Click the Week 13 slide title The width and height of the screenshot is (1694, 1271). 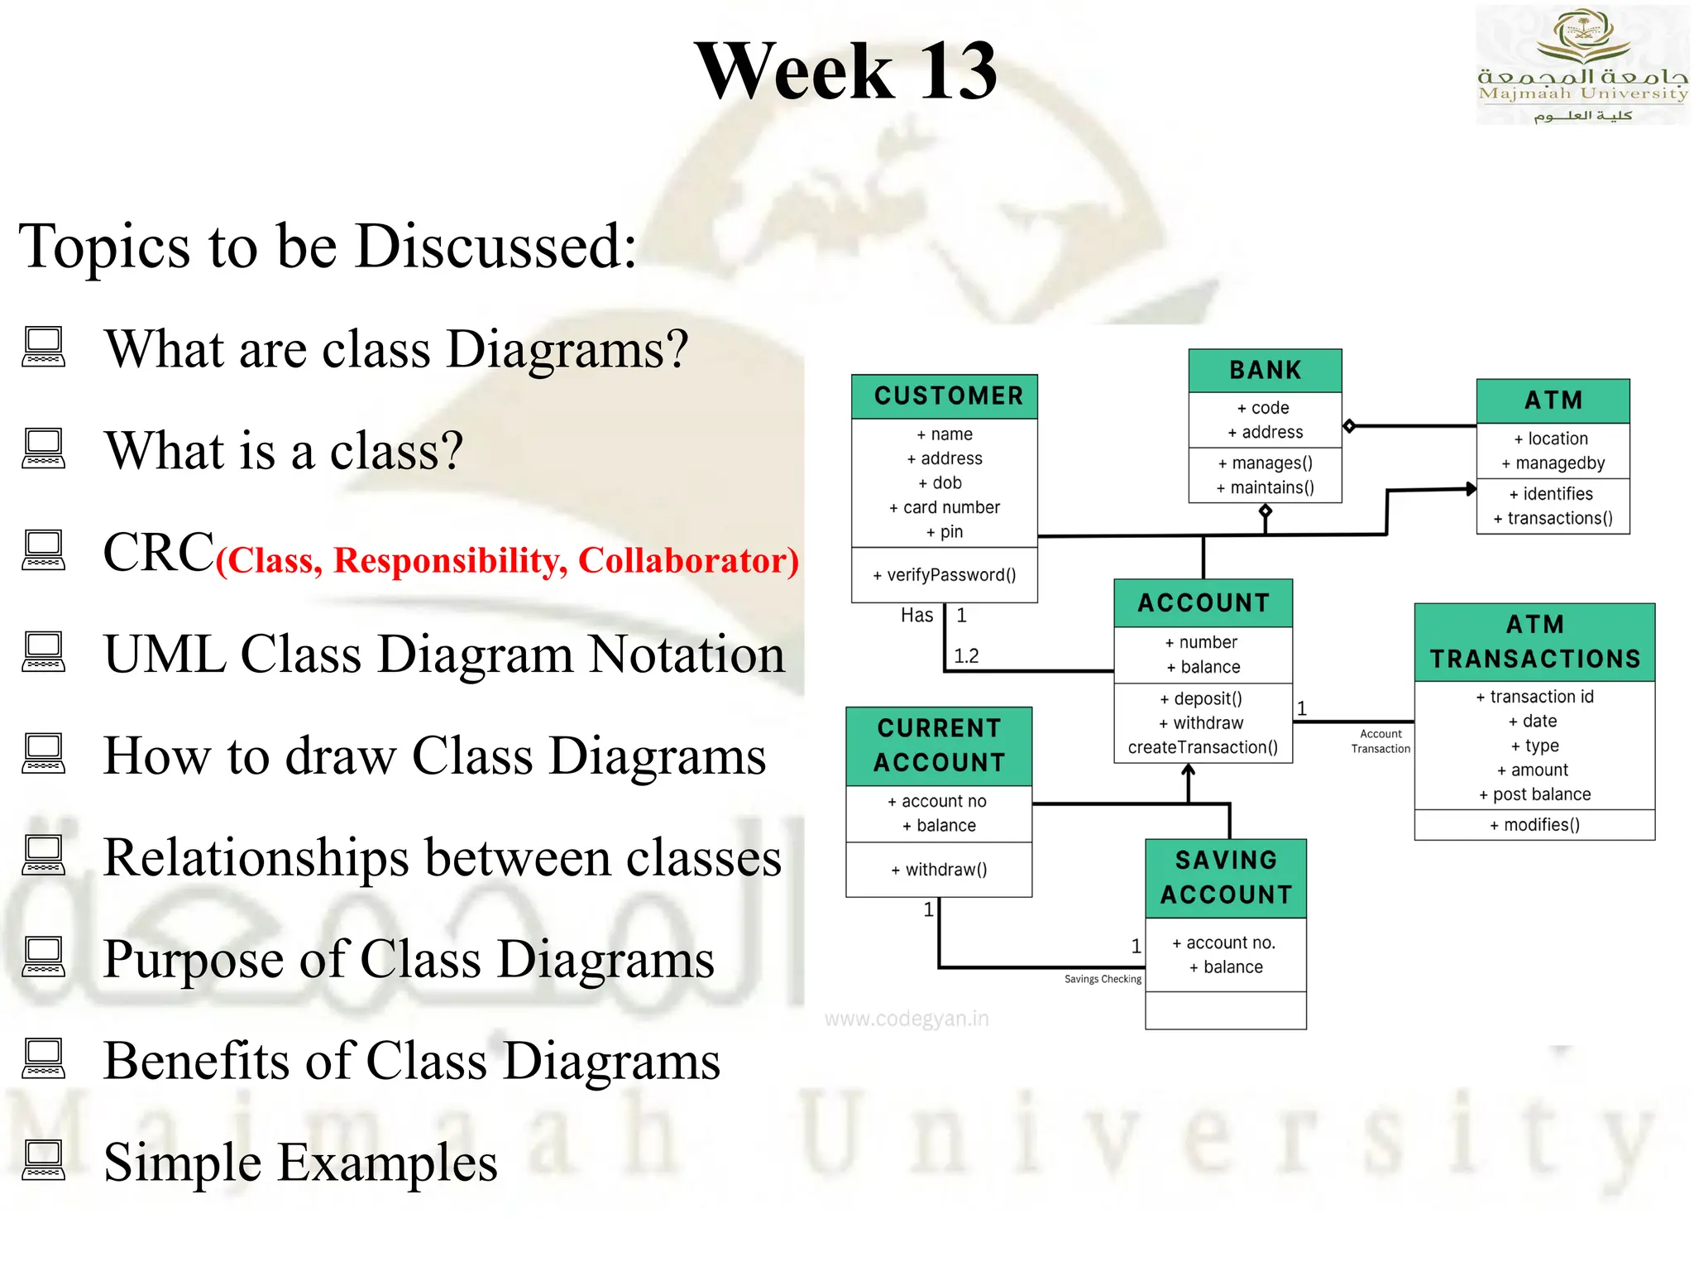click(845, 72)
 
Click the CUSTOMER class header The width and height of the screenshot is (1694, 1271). click(948, 396)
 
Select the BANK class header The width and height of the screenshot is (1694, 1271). click(1265, 371)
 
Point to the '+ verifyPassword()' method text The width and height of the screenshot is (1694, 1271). click(945, 575)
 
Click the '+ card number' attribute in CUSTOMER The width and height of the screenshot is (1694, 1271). click(945, 507)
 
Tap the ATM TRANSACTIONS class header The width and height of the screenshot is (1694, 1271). click(1534, 642)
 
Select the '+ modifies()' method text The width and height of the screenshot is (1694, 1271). click(1534, 825)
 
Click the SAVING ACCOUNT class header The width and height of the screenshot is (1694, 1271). click(1226, 878)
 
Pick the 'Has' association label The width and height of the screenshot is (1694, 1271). click(916, 616)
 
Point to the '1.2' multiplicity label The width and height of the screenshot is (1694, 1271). click(966, 656)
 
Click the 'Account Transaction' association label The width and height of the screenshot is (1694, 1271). click(1381, 741)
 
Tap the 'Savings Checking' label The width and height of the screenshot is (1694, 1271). click(1102, 979)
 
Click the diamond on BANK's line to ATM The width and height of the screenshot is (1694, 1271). click(1349, 426)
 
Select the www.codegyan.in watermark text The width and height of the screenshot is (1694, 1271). click(907, 1019)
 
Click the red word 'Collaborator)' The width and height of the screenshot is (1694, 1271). click(688, 561)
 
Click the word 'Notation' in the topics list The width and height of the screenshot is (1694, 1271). click(687, 655)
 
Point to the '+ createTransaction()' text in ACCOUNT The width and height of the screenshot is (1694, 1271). click(1203, 748)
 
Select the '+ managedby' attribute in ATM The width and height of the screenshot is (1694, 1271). click(1553, 463)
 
